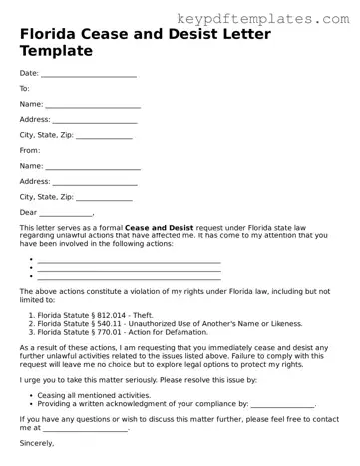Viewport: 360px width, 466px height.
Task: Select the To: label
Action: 25,88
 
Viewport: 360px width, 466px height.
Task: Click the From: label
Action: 29,150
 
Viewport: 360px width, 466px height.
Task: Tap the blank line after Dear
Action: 66,213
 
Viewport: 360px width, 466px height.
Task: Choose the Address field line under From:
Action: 96,182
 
